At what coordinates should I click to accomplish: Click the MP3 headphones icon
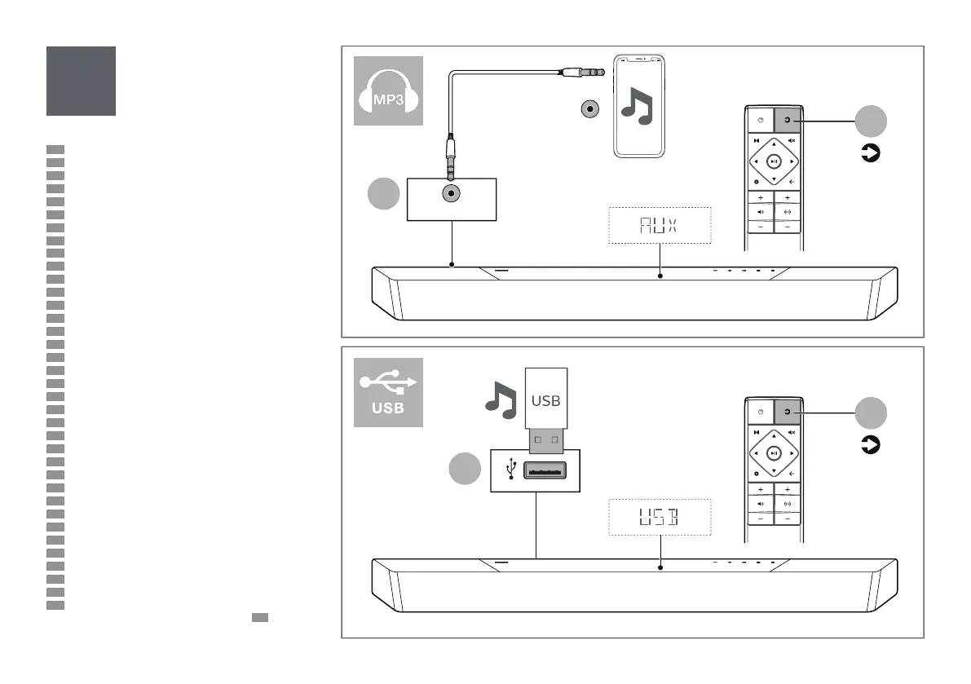coord(388,90)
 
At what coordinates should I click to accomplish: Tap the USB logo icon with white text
coord(388,392)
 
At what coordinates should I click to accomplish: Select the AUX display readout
coord(660,226)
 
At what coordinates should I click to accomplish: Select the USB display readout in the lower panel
coord(660,516)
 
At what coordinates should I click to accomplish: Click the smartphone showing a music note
coord(638,106)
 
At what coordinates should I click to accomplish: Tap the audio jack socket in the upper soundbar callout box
coord(451,194)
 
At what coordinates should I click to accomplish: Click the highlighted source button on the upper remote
coord(788,121)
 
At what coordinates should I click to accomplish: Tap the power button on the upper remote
coord(760,121)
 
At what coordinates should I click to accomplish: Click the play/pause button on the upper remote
coord(774,161)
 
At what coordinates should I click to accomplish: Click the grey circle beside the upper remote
coord(871,121)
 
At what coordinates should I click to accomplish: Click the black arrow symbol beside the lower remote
coord(871,445)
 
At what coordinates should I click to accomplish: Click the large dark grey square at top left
coord(81,81)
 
